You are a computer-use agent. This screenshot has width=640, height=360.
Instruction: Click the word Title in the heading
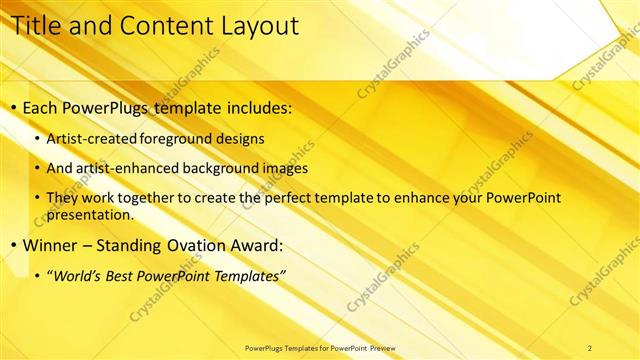pos(34,26)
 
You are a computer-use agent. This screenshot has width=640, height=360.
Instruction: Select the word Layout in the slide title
pos(256,26)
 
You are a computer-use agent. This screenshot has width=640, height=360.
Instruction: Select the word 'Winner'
pos(49,245)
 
